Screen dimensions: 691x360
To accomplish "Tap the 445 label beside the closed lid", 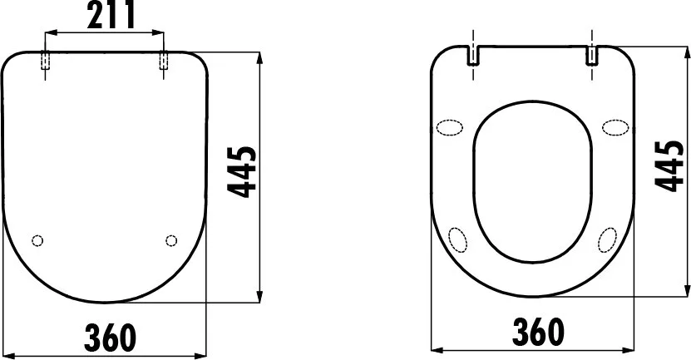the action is coord(241,172).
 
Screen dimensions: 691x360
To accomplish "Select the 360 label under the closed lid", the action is coord(110,338).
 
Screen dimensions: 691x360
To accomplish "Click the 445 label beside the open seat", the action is coord(669,166).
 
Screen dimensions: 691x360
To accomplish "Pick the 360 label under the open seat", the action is coord(538,332).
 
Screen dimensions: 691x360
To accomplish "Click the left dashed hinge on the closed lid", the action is coord(45,61).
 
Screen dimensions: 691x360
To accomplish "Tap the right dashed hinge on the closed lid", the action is coord(164,61).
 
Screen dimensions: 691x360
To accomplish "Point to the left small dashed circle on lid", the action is coord(38,240).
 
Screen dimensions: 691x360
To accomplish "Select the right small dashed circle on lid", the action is coord(171,240).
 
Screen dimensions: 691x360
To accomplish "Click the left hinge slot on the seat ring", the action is coord(473,56).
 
